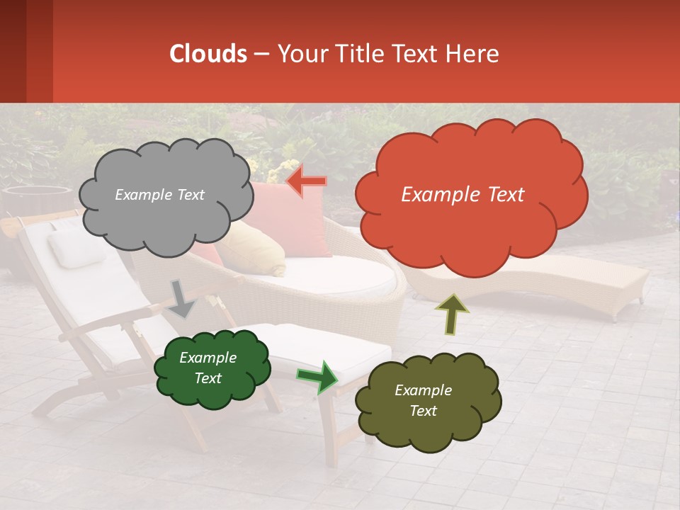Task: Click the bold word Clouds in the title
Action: click(208, 54)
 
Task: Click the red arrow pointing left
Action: click(307, 181)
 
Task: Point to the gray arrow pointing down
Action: click(182, 299)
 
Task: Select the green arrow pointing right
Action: click(317, 376)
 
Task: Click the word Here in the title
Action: click(472, 54)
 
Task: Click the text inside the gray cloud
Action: click(159, 195)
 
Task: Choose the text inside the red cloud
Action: click(463, 195)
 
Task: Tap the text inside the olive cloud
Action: click(423, 400)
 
